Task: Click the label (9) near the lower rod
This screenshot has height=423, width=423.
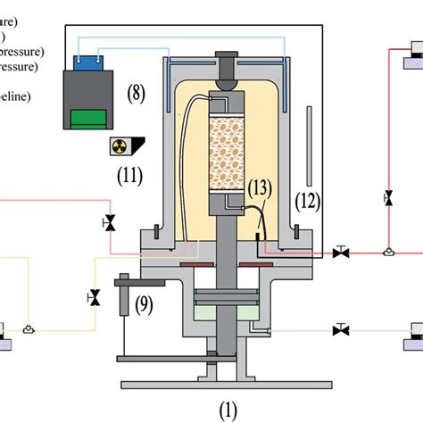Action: tap(145, 306)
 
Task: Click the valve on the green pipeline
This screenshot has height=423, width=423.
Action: tap(340, 329)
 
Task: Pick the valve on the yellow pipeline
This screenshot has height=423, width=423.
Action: tap(92, 296)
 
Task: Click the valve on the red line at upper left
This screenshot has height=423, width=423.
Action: tap(110, 221)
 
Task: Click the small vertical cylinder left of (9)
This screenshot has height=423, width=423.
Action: tap(123, 294)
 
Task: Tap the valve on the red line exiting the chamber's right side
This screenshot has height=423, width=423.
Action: tap(340, 253)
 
